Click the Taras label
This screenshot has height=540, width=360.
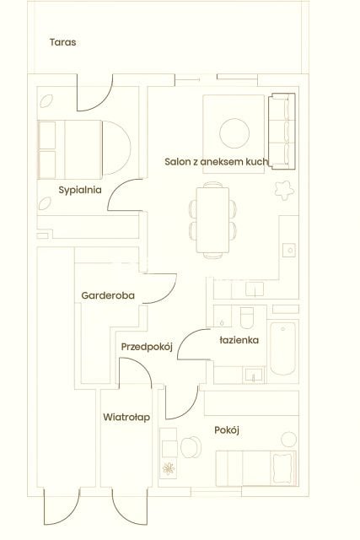(x=62, y=42)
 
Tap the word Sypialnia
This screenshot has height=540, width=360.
(x=80, y=190)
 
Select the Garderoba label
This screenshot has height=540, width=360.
(x=108, y=295)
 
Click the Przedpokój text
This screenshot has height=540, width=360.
(x=147, y=347)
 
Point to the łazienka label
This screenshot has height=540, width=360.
(x=239, y=340)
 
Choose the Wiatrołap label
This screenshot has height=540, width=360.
(x=126, y=418)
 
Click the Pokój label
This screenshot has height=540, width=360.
(x=227, y=430)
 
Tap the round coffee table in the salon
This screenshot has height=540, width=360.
(x=234, y=133)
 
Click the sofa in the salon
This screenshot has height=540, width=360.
(x=282, y=132)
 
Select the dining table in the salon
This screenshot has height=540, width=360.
(x=212, y=220)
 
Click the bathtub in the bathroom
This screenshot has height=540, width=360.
(x=282, y=348)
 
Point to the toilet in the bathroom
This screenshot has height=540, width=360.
(x=246, y=318)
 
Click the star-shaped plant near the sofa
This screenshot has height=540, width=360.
(x=284, y=190)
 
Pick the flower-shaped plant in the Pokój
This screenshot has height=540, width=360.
(x=169, y=469)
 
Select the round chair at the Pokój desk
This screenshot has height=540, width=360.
(x=191, y=447)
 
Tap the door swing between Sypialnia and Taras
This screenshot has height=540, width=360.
(x=95, y=93)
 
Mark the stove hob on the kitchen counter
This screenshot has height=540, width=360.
(x=289, y=250)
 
